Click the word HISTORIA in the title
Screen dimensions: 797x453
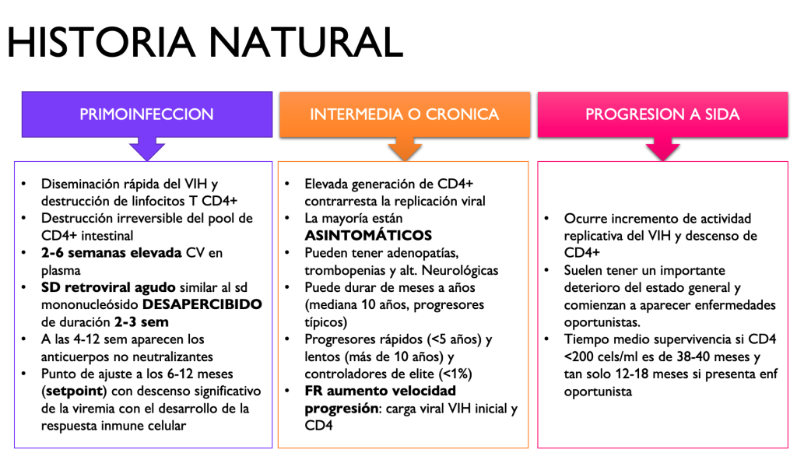pyautogui.click(x=101, y=42)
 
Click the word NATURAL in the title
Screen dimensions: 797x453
pyautogui.click(x=305, y=42)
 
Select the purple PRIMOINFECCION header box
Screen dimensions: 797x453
pyautogui.click(x=147, y=114)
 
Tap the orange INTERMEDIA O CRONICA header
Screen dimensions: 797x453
pyautogui.click(x=405, y=114)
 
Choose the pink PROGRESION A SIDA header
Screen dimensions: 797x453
pyautogui.click(x=663, y=114)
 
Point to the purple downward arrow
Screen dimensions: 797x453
pyautogui.click(x=147, y=149)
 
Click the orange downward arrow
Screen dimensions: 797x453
pyautogui.click(x=405, y=149)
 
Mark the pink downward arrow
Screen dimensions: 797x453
pyautogui.click(x=663, y=149)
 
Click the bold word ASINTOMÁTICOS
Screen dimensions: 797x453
pyautogui.click(x=368, y=235)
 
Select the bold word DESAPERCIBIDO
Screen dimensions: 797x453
pyautogui.click(x=202, y=304)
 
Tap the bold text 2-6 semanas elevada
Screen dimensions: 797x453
pyautogui.click(x=111, y=253)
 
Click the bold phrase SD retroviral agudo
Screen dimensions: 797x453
pyautogui.click(x=108, y=288)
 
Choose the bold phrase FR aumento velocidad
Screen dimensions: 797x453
pyautogui.click(x=380, y=391)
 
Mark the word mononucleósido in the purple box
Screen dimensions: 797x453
pyautogui.click(x=90, y=304)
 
